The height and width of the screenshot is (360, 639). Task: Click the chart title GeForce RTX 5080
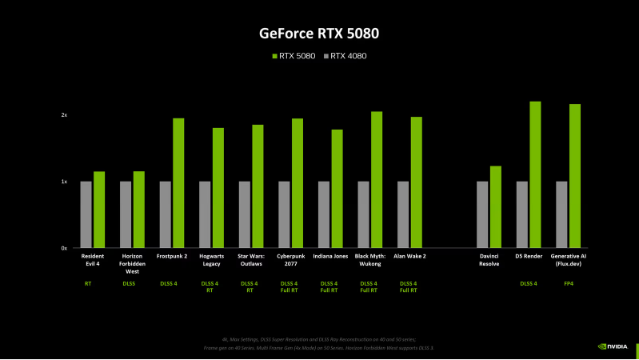click(319, 34)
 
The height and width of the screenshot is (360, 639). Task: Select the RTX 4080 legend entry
click(345, 56)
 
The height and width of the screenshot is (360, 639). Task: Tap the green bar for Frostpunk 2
click(178, 183)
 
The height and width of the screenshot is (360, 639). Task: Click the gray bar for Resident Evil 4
click(86, 214)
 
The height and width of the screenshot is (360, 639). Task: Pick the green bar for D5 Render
click(535, 174)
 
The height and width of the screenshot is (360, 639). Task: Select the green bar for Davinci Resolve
click(495, 207)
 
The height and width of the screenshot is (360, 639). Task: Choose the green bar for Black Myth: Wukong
click(377, 180)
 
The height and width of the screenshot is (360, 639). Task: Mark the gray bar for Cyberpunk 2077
click(284, 214)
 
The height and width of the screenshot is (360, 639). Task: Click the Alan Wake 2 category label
click(409, 257)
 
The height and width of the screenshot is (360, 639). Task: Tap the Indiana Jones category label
click(330, 257)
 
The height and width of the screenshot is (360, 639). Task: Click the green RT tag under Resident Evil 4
click(88, 283)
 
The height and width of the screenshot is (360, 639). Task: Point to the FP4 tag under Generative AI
click(568, 283)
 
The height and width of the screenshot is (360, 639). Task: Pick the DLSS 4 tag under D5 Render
click(529, 283)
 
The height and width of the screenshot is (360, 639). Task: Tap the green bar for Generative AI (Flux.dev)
click(574, 176)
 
